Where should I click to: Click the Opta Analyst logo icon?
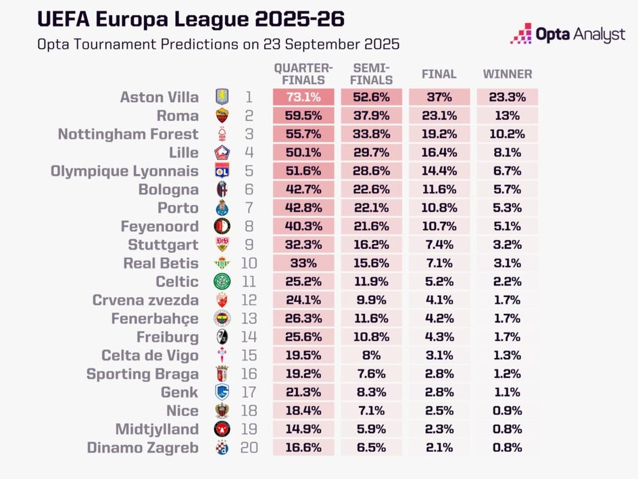(521, 33)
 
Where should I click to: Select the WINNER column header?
(508, 74)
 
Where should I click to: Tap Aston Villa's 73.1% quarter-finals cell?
(303, 97)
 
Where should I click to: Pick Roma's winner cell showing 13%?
(508, 116)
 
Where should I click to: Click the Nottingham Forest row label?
(128, 134)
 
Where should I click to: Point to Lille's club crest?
(222, 152)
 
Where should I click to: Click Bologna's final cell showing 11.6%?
(439, 189)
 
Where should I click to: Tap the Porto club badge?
(222, 208)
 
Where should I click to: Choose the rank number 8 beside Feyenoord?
(249, 226)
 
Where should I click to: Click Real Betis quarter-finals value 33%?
(303, 263)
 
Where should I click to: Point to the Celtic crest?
(222, 281)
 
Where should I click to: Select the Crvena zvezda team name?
(145, 300)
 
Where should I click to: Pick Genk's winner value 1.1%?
(508, 392)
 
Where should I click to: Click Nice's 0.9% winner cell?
(508, 411)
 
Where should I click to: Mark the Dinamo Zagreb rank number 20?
(249, 447)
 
